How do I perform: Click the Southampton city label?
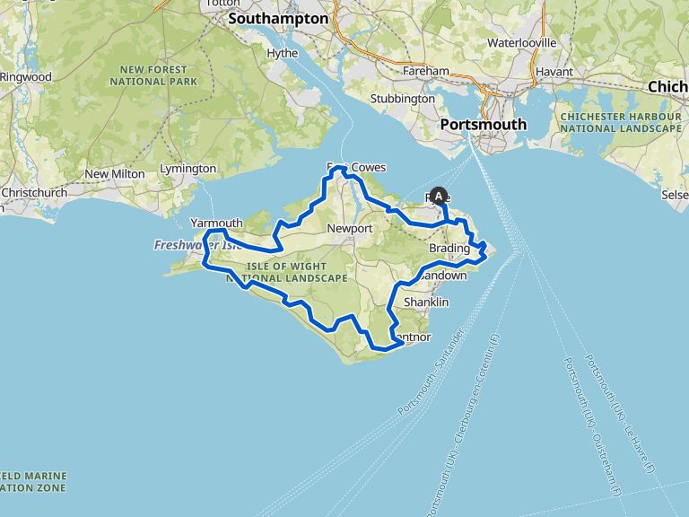click(x=278, y=17)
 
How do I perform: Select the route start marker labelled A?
click(x=439, y=195)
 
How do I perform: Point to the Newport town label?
click(x=350, y=229)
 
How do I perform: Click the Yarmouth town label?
click(x=216, y=223)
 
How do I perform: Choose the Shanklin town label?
click(x=426, y=302)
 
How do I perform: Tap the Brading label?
click(x=449, y=248)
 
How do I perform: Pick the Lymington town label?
click(x=188, y=169)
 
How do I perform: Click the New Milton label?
click(x=109, y=173)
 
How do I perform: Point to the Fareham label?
click(x=426, y=71)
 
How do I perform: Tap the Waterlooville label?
click(x=521, y=42)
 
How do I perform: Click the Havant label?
click(x=554, y=71)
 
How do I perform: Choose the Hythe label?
click(x=282, y=53)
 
